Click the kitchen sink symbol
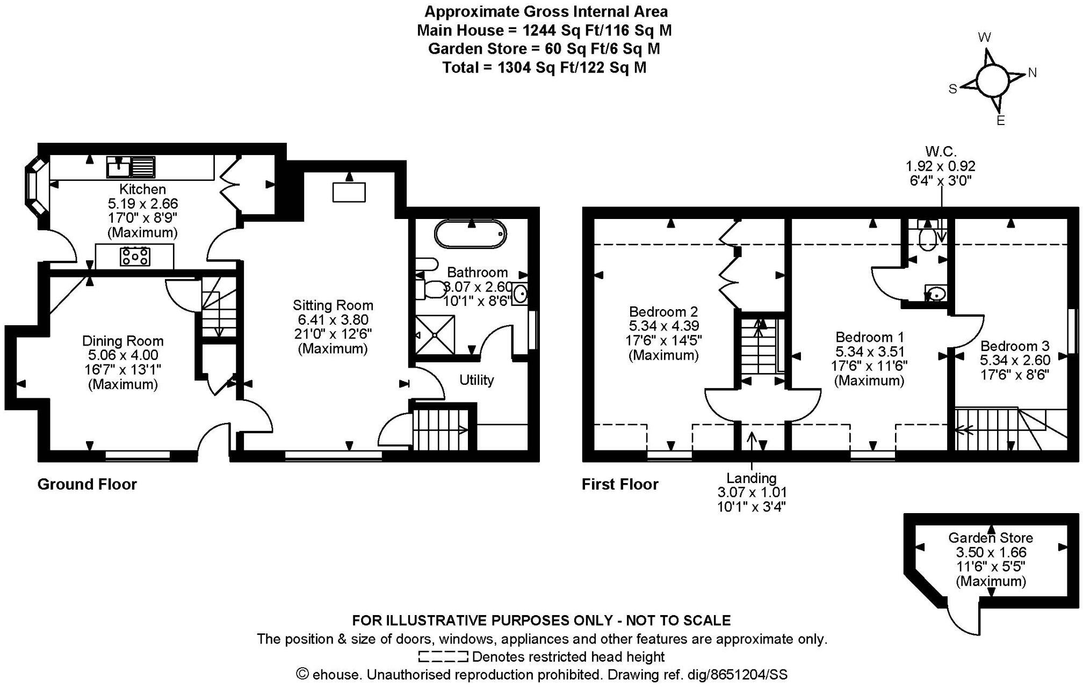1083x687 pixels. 131,167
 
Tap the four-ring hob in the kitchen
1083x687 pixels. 135,256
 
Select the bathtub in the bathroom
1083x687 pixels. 470,233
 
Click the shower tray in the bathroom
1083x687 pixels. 435,334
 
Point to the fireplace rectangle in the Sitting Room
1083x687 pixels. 349,192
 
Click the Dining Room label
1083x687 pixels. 122,341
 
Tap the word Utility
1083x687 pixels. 476,380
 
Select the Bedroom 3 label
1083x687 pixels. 1014,346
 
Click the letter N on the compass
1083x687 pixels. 1032,73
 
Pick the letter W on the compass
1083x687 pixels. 984,38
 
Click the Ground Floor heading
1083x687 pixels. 87,484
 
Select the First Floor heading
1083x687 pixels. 620,484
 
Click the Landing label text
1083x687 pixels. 751,478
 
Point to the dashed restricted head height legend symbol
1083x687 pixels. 443,656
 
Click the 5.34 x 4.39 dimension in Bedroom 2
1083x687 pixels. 663,326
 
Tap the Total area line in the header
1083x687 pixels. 544,68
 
